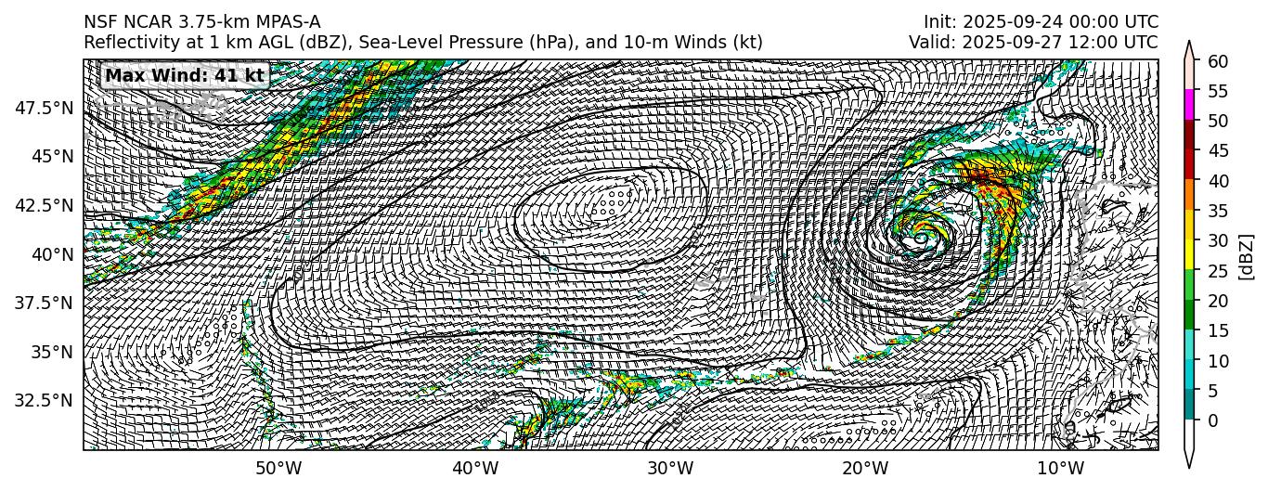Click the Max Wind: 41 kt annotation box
(185, 75)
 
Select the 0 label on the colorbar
(1210, 420)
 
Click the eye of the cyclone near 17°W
(920, 239)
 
